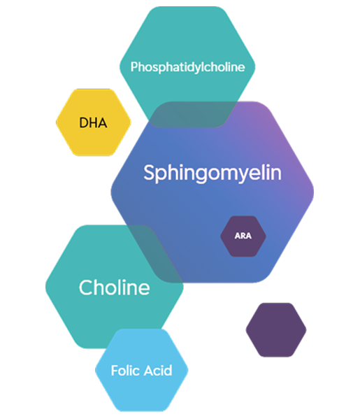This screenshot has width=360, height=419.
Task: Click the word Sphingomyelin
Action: click(213, 173)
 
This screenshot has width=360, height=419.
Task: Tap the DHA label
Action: click(93, 123)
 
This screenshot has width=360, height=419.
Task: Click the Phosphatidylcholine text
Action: click(187, 67)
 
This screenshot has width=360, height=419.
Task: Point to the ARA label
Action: click(243, 236)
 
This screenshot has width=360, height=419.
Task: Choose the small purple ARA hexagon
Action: click(243, 245)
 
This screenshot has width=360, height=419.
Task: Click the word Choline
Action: click(114, 287)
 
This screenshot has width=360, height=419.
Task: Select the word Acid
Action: click(157, 370)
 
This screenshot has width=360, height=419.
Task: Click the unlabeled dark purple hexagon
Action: click(276, 330)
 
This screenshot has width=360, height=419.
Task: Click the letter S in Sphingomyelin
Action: click(149, 173)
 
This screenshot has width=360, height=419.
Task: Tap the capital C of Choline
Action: click(85, 287)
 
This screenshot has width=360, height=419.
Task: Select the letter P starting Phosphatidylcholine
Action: click(134, 67)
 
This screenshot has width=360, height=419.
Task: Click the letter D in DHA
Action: click(83, 123)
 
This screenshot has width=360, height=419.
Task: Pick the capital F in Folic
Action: click(115, 370)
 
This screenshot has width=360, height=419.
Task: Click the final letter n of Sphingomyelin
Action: click(276, 173)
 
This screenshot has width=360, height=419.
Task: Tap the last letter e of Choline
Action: click(144, 289)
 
